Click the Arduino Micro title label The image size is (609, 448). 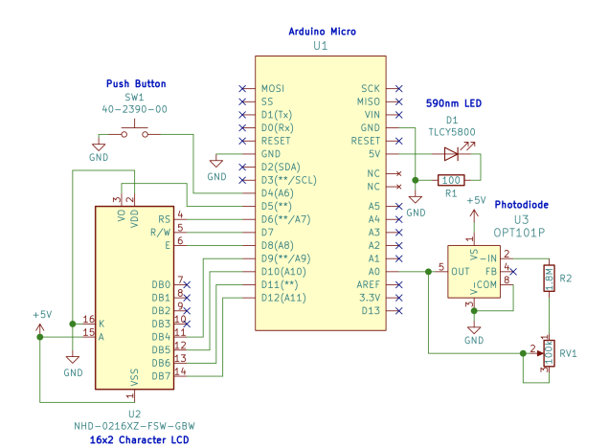tap(322, 32)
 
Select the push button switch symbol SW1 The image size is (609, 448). tap(134, 135)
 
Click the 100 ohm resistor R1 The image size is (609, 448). tap(452, 179)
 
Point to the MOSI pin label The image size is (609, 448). tap(273, 88)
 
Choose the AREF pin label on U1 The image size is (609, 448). tap(370, 284)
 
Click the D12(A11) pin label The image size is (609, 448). tap(283, 298)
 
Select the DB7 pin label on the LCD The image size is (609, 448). tap(160, 375)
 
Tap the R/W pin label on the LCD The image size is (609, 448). tap(160, 232)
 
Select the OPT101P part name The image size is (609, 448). tap(521, 233)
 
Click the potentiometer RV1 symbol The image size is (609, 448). tap(548, 351)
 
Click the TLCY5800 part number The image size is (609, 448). tap(452, 132)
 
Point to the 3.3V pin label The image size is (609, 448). tap(370, 298)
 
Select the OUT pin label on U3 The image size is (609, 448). tap(461, 272)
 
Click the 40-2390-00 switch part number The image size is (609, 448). tap(135, 110)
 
